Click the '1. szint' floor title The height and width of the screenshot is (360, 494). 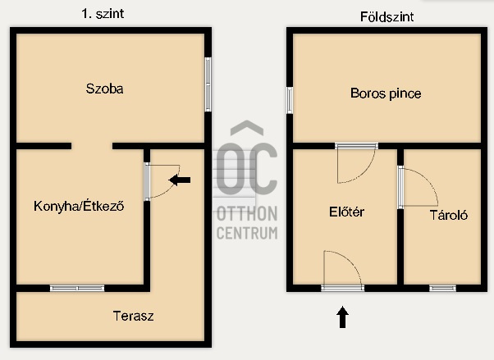coord(108,14)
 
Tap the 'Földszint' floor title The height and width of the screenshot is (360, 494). coord(387,16)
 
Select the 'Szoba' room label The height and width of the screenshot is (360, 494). coord(106,89)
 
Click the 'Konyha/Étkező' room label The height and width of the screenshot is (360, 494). coord(79,206)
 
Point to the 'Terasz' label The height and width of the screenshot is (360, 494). coord(133,315)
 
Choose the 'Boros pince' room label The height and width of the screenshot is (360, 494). coord(386,93)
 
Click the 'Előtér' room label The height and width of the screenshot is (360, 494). coord(345,212)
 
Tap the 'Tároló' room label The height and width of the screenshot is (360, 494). coord(449,216)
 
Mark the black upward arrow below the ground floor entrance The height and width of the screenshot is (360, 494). coord(342,317)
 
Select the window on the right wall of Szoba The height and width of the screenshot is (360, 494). coord(208,84)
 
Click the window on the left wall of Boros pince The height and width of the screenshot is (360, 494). coord(289,100)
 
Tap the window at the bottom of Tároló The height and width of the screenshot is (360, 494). coord(442,288)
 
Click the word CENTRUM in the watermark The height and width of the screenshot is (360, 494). coord(246,233)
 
